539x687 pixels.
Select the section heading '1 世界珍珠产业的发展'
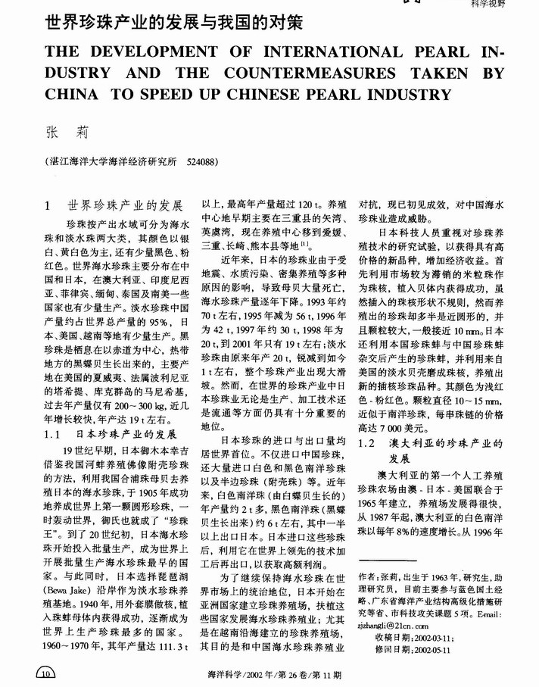point(115,205)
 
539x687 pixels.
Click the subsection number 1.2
point(369,440)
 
